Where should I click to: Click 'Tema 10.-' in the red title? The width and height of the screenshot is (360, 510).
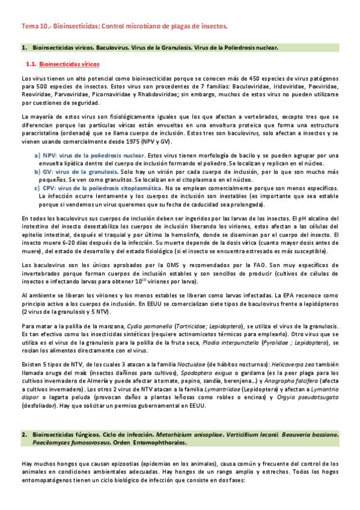35,27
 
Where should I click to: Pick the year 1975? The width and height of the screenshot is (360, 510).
126,141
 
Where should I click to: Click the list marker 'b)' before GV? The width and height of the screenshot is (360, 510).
36,171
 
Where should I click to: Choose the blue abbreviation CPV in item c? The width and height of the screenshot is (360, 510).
49,188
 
